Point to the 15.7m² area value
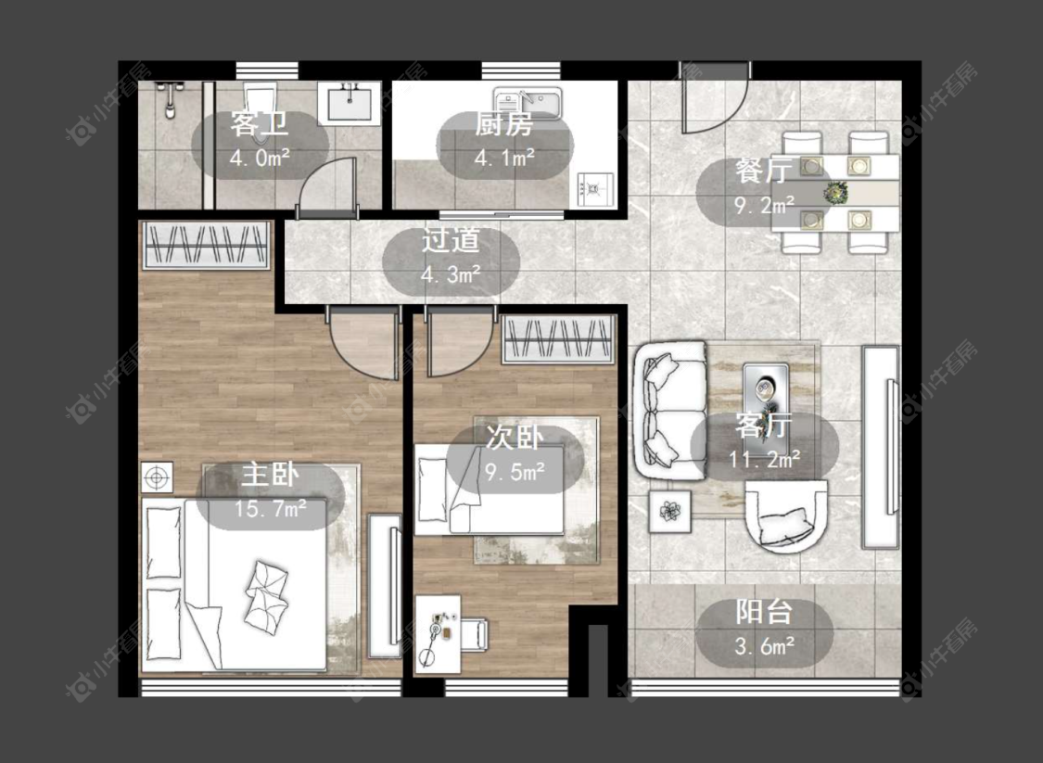point(270,509)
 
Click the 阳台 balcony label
point(764,612)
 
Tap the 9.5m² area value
point(515,472)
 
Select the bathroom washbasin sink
point(349,103)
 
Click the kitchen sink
point(528,103)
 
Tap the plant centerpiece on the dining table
point(834,193)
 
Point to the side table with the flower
point(670,512)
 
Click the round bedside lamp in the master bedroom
point(157,477)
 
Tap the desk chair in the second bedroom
point(475,634)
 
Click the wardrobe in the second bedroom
point(557,338)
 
